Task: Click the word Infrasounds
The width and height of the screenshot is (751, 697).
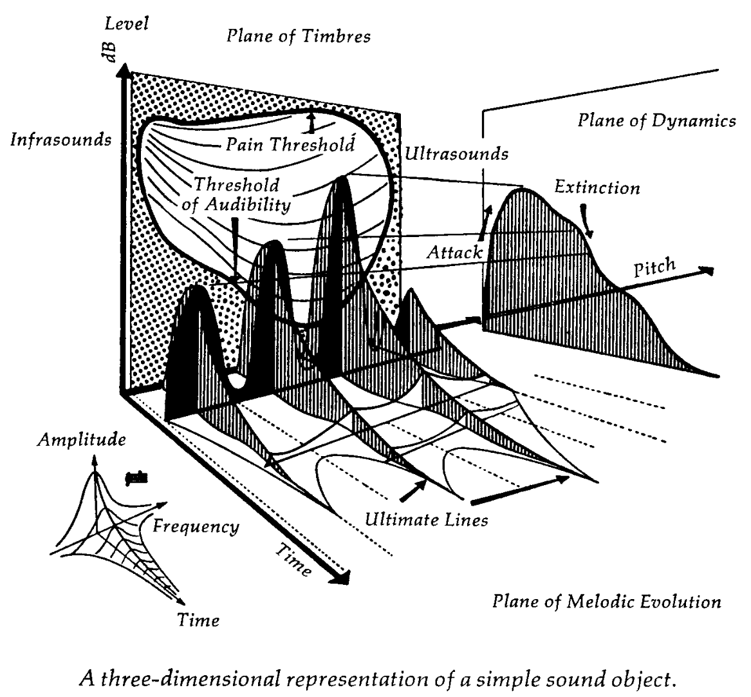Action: tap(61, 140)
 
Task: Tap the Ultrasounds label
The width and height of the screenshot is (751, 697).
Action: tap(457, 154)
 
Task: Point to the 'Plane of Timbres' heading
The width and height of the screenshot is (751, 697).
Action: tap(298, 36)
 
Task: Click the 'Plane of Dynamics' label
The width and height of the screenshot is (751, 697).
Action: tap(656, 121)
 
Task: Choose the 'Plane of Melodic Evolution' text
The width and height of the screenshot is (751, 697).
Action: tap(606, 602)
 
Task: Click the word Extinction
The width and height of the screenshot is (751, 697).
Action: tap(597, 188)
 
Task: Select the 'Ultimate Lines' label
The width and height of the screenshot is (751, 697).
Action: tap(425, 519)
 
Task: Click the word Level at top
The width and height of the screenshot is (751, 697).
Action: tap(127, 24)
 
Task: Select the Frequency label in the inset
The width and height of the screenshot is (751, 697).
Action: tap(196, 526)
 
